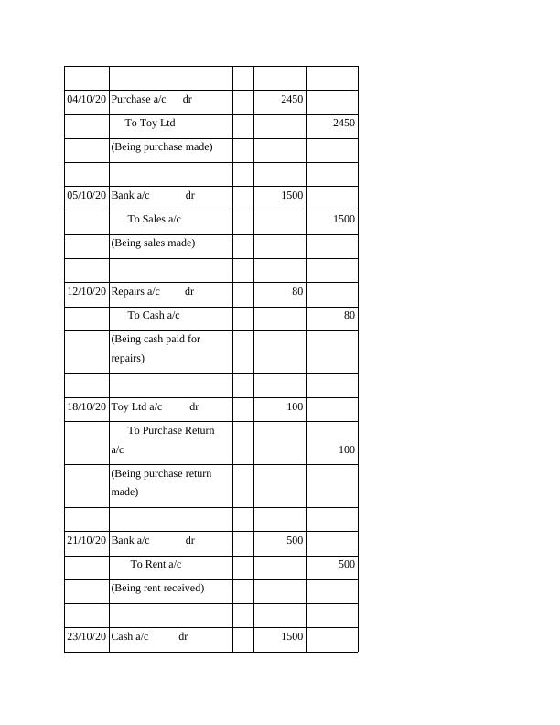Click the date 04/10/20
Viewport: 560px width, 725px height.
[x=87, y=99]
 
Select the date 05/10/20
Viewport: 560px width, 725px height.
[x=87, y=195]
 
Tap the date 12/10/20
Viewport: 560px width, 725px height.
[x=87, y=291]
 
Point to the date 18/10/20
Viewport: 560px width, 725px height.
[x=87, y=406]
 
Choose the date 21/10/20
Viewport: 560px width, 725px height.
[x=87, y=540]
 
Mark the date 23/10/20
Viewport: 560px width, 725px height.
[x=87, y=636]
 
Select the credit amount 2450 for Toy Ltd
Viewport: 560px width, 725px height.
[x=344, y=123]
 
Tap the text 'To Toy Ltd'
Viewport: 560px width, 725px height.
[x=150, y=123]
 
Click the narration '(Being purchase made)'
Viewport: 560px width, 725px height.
[x=161, y=146]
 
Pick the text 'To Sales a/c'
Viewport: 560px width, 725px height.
[x=154, y=219]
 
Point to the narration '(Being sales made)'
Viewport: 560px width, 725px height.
[x=153, y=243]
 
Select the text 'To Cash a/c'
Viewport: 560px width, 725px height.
[x=154, y=315]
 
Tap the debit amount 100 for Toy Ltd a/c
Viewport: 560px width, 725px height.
[x=295, y=406]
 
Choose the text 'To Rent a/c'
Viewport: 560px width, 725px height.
[x=156, y=564]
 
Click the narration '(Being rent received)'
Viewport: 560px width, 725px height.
[x=157, y=588]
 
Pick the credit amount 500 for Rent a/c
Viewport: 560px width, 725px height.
[x=346, y=564]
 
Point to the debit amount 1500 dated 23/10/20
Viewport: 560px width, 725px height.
[x=292, y=636]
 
